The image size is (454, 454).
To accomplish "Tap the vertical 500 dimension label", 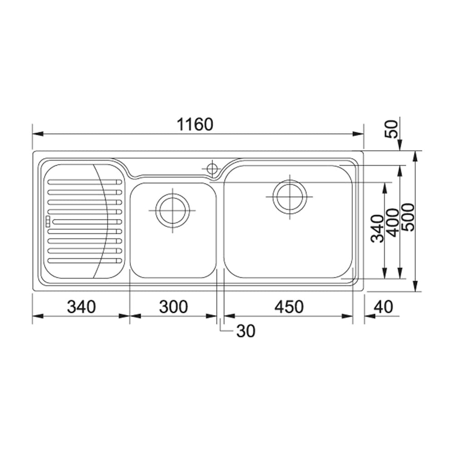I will tap(408, 217).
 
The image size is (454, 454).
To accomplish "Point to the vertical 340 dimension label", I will tap(378, 229).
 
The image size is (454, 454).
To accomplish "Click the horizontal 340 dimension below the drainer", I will tap(81, 307).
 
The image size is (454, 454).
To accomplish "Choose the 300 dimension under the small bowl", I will tap(173, 307).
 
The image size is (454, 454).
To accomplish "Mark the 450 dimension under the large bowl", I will tap(289, 307).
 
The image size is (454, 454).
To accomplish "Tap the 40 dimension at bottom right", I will tap(384, 307).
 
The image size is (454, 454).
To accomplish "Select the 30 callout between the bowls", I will tap(246, 331).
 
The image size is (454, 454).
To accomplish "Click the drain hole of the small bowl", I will tap(172, 210).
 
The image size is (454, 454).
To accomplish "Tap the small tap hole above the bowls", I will tap(212, 168).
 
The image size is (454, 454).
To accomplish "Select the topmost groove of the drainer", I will tap(84, 182).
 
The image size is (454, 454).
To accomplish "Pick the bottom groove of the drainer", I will tap(84, 261).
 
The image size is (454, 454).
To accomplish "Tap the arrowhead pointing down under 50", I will tap(400, 146).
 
